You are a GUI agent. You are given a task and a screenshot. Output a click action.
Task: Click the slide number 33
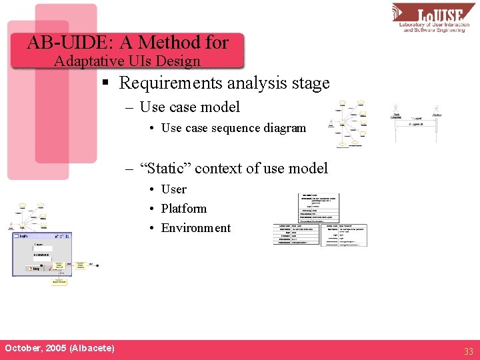[x=468, y=351]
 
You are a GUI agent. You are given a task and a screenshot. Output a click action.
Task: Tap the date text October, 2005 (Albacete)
[x=59, y=348]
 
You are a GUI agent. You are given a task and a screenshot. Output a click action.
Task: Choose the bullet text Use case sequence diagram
[x=233, y=128]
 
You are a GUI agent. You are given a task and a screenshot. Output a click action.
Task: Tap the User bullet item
[x=173, y=189]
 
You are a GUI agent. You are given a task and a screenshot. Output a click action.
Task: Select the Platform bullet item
[x=183, y=209]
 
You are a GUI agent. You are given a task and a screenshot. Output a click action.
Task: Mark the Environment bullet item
[x=195, y=228]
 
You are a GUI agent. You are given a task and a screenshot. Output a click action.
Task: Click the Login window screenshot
[x=42, y=254]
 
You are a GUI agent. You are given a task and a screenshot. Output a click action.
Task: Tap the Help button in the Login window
[x=32, y=269]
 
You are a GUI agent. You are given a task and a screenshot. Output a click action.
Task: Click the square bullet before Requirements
[x=105, y=84]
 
